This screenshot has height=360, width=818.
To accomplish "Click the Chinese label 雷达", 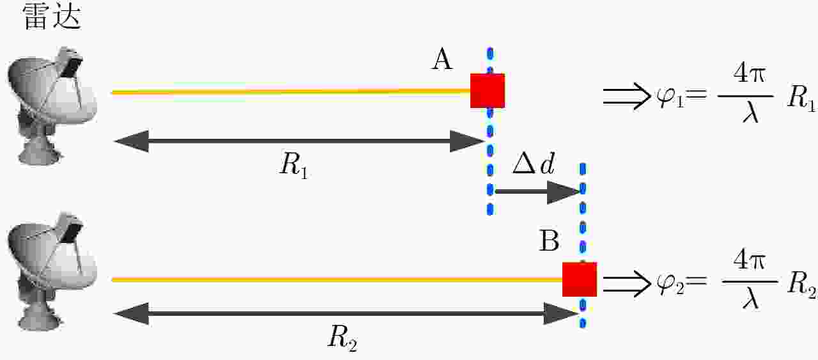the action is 52,17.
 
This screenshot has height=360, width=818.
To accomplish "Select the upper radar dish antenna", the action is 52,106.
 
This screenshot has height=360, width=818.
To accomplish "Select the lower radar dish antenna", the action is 52,271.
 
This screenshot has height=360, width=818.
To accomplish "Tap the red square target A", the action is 488,91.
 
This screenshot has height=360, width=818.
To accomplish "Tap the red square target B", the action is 580,279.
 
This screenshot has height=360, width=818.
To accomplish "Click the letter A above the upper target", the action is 442,59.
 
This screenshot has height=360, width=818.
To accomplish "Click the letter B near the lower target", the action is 549,240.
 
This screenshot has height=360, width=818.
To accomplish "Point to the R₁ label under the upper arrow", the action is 294,165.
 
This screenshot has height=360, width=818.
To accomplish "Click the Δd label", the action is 534,163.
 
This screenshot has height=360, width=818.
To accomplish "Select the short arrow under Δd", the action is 537,192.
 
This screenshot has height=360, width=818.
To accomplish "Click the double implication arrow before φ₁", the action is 627,96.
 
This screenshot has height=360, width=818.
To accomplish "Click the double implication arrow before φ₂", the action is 627,284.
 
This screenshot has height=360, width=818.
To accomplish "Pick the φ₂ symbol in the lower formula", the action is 670,285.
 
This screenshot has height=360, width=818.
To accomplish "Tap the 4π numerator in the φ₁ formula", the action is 748,75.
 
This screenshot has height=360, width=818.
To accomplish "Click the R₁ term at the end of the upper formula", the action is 801,98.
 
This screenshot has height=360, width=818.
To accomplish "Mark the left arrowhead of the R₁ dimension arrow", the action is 132,141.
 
